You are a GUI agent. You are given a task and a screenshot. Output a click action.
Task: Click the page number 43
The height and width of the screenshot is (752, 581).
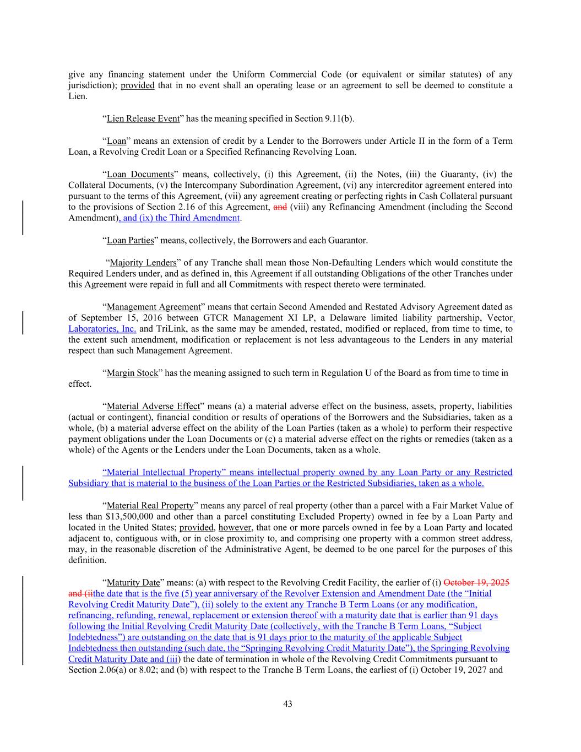(287, 704)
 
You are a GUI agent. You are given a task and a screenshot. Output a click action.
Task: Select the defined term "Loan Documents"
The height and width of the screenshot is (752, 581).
(140, 174)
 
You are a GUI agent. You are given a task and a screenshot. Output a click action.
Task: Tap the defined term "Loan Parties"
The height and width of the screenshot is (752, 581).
(130, 240)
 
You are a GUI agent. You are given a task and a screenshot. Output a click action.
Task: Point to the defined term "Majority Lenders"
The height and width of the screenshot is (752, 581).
(143, 262)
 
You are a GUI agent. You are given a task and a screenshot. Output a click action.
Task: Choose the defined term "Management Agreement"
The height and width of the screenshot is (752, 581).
(154, 307)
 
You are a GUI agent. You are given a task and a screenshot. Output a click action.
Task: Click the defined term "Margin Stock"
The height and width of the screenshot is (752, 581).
(132, 373)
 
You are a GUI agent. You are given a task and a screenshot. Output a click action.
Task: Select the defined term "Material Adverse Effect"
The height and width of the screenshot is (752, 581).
(153, 406)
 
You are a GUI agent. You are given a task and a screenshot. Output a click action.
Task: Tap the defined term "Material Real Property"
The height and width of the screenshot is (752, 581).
(150, 505)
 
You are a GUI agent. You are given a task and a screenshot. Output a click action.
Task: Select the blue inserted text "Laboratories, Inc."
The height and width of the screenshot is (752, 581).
(102, 329)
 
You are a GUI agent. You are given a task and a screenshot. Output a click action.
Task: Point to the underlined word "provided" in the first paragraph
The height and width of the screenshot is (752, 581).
(138, 85)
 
